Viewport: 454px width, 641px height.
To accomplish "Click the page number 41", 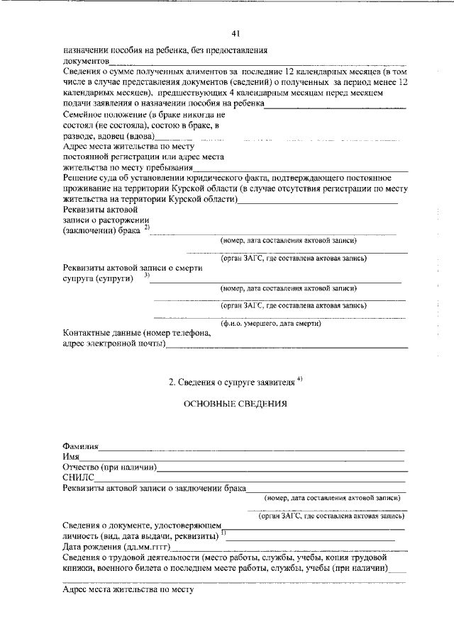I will (236, 33).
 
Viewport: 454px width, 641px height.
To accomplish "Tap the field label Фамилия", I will (80, 447).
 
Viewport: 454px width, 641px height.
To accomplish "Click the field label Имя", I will (70, 458).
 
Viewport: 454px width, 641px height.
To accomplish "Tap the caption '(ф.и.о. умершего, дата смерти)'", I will (270, 324).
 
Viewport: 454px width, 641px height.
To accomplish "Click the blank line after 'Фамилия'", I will (252, 449).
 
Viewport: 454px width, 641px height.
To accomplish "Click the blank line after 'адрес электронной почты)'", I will (287, 347).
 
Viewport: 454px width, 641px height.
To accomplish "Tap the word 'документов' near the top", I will (84, 62).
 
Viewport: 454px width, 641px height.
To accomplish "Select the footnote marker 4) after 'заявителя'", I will (300, 379).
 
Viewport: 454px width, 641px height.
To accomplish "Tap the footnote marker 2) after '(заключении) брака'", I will (146, 227).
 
